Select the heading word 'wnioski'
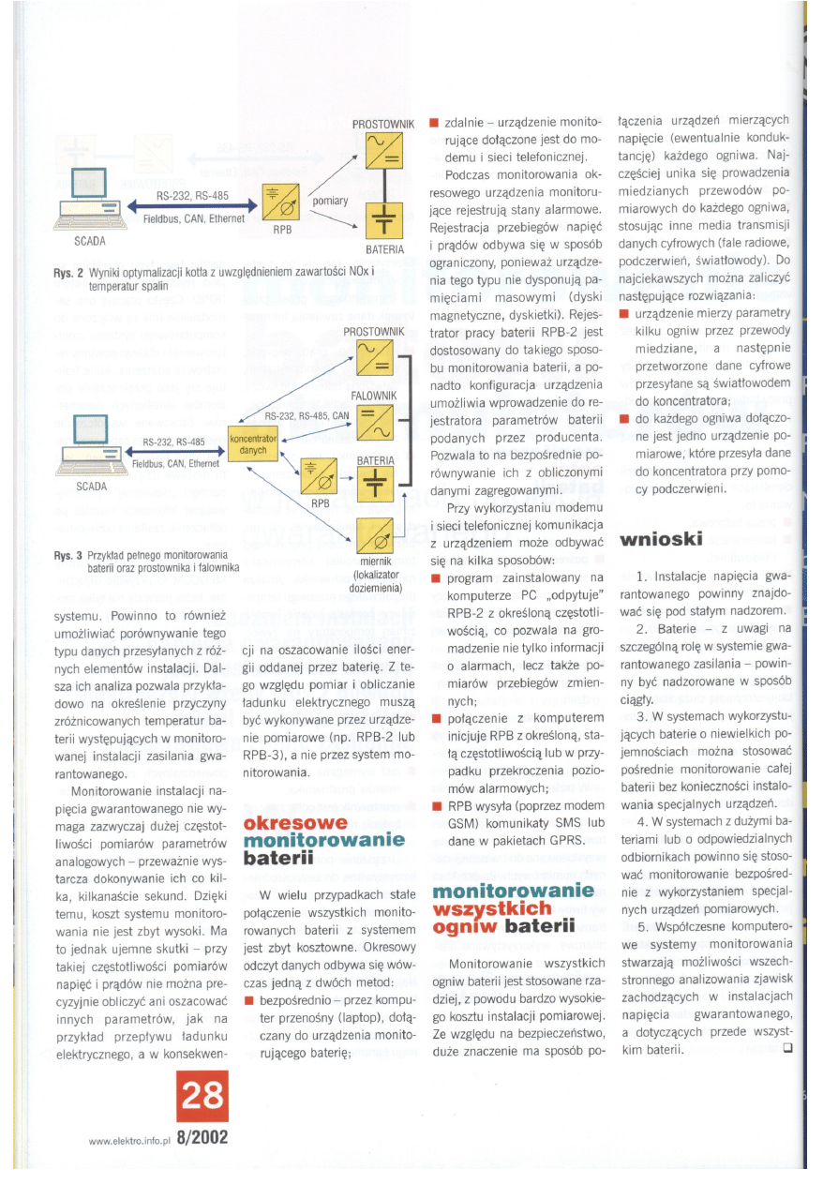(661, 541)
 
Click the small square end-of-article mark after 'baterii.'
(786, 1049)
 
